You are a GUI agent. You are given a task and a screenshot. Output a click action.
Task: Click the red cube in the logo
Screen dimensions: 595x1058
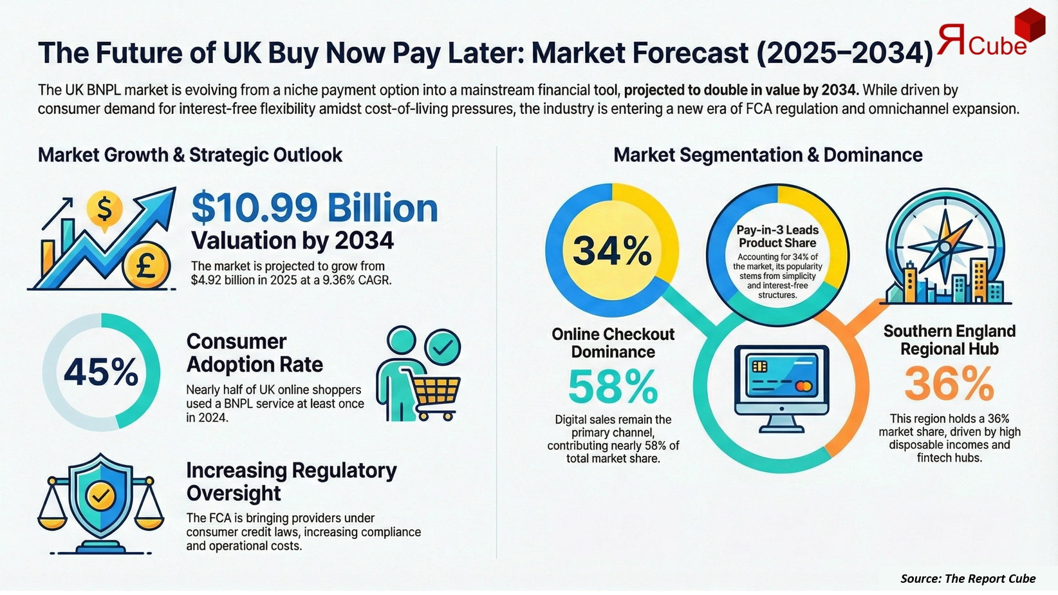coord(1029,26)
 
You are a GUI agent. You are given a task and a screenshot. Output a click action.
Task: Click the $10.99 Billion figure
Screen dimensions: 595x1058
coord(315,208)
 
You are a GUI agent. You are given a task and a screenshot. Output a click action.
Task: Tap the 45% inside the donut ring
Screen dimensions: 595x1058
coord(101,372)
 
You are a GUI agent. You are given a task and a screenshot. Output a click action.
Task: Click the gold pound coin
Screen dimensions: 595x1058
coord(146,265)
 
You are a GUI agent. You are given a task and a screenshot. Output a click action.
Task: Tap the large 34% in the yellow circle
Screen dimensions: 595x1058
coord(611,250)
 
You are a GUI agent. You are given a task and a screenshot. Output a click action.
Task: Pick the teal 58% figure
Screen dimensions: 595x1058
coord(613,386)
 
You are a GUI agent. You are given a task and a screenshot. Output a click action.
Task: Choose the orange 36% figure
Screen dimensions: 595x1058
coord(949,384)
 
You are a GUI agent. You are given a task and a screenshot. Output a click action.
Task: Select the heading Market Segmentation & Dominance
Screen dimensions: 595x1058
coord(768,155)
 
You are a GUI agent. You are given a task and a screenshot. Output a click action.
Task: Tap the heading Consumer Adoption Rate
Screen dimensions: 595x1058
coord(255,353)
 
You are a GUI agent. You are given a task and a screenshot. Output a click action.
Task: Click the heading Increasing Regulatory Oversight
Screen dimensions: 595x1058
coord(291,482)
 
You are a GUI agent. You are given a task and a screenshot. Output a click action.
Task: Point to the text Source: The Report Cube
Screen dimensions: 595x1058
coord(968,578)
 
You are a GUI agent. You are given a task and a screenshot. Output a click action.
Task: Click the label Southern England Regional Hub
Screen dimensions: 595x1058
coord(949,340)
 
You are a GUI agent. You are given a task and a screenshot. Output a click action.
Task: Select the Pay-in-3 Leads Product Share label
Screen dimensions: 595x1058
coord(777,236)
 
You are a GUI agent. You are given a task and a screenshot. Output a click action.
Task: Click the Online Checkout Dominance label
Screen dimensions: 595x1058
coord(613,343)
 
